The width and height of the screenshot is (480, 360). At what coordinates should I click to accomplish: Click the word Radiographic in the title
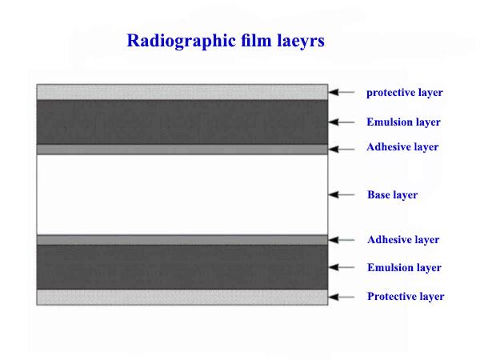point(182,42)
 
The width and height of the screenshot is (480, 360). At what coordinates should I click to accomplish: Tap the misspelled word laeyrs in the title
point(301,42)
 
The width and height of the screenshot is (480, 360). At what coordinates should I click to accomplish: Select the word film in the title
point(256,40)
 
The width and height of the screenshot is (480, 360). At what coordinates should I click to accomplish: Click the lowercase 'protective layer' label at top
point(404,93)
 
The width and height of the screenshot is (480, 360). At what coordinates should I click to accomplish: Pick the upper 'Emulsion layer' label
point(403,122)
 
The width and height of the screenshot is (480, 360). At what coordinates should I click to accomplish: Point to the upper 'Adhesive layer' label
point(402,147)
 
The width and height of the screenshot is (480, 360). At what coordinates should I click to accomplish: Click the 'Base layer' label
point(393,195)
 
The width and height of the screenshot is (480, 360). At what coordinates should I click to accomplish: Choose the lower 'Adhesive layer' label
point(403,240)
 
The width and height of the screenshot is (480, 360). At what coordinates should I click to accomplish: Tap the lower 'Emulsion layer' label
point(404,268)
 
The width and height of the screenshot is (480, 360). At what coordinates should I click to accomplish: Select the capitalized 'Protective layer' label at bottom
point(406,297)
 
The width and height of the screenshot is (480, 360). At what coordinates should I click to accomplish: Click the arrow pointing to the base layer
point(342,194)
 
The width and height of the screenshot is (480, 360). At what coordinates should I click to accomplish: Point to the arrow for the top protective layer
point(342,92)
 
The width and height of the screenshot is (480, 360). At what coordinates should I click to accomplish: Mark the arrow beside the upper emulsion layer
point(342,122)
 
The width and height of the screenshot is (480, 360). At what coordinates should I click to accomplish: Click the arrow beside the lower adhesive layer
point(342,240)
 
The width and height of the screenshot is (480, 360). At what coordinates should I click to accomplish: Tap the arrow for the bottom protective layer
point(342,297)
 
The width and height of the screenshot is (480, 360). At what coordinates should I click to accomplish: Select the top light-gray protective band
point(182,92)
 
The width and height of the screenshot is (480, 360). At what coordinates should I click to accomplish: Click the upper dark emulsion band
point(182,122)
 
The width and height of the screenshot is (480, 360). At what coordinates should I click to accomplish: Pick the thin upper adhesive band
point(182,149)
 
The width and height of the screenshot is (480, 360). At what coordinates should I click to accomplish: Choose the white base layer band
point(182,194)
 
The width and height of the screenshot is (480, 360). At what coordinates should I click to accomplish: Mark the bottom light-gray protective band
point(182,298)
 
